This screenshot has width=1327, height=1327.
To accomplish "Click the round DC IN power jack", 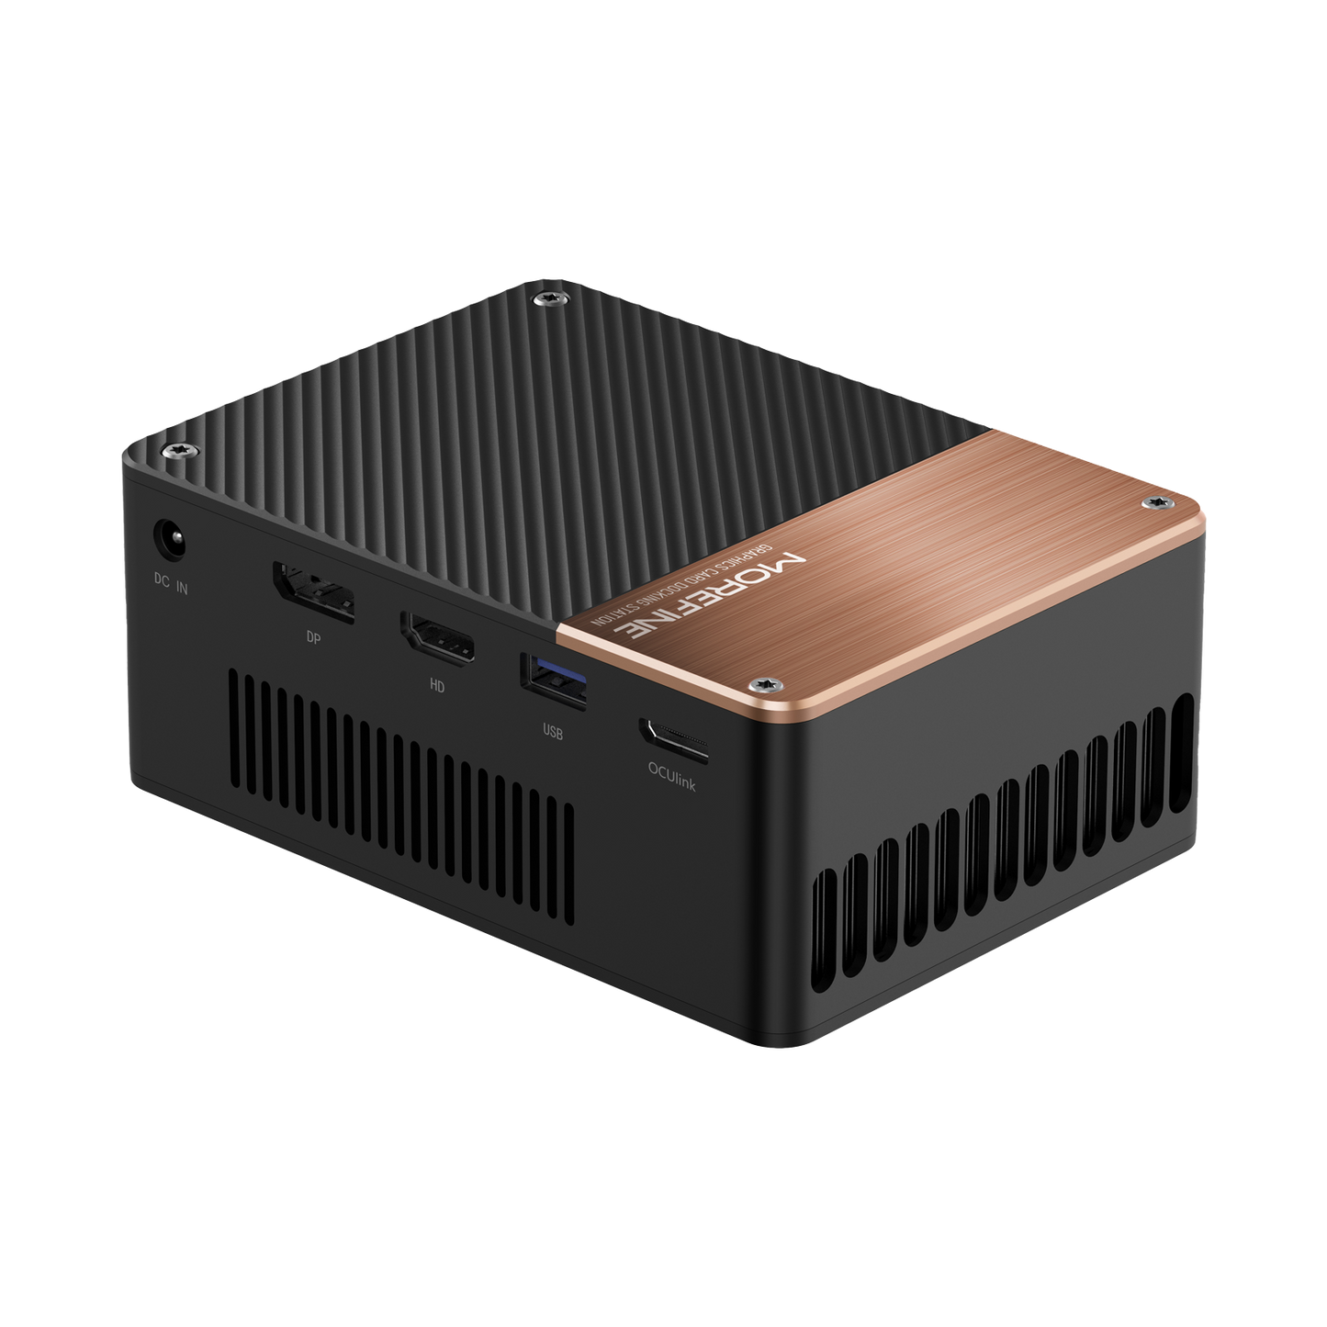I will pos(169,538).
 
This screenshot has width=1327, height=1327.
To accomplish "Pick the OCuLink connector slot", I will pos(675,740).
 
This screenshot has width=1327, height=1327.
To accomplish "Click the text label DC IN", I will pos(170,584).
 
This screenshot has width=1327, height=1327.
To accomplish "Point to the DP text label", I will pos(313,638).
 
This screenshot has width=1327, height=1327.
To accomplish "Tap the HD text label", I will pos(437,685).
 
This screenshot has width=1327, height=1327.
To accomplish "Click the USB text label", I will pos(553,733).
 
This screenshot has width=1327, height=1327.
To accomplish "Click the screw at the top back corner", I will pos(550,298).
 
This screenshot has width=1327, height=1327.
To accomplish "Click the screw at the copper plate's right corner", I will pos(1155,501).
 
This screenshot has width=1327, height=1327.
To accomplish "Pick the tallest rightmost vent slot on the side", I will pos(1183,755).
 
